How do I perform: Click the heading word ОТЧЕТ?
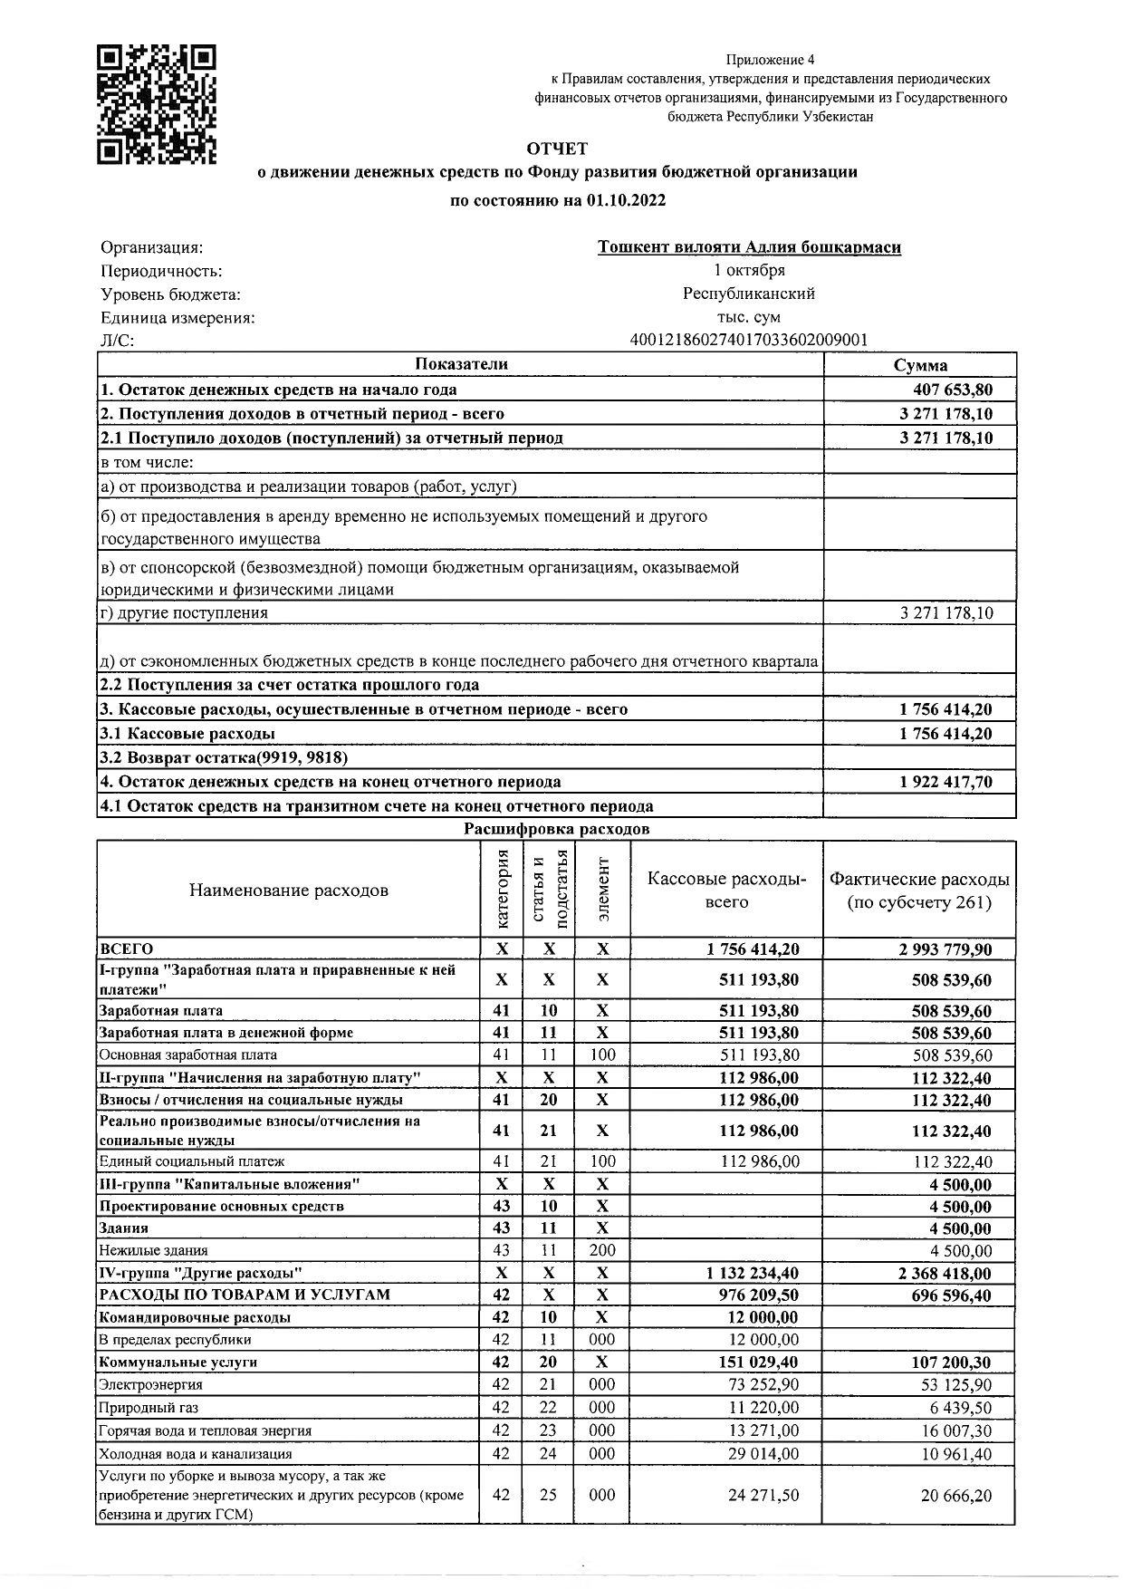pos(557,149)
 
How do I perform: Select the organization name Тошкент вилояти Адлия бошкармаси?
pos(749,247)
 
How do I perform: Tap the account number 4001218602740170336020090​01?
pos(749,341)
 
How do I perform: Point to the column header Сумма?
pos(920,365)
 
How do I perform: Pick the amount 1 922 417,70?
pos(946,782)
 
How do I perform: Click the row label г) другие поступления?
pos(184,612)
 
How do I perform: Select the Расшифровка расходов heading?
pos(556,829)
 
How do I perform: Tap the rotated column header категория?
pos(503,889)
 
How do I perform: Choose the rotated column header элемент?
pos(603,889)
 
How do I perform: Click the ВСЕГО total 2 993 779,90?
pos(945,949)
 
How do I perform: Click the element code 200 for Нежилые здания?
pos(602,1251)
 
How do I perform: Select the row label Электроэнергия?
pos(151,1385)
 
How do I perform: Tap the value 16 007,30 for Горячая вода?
pos(955,1430)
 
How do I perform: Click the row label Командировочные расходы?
pos(195,1318)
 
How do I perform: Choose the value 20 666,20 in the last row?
pos(955,1496)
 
